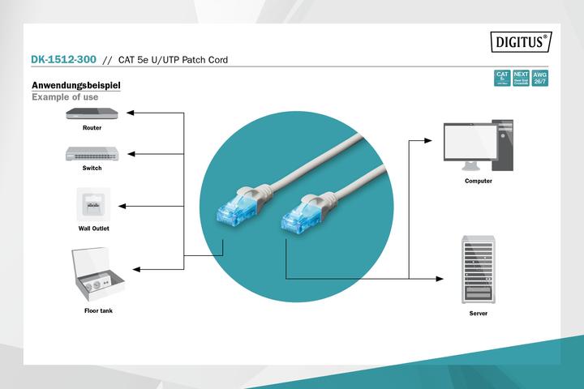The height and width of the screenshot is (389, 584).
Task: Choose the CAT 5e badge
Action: click(x=502, y=78)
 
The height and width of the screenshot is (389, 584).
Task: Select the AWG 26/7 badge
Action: click(x=540, y=78)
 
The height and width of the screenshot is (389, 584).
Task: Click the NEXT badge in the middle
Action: click(x=522, y=78)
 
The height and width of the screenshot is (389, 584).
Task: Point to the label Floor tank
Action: click(x=98, y=311)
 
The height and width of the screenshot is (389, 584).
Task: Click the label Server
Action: click(x=479, y=312)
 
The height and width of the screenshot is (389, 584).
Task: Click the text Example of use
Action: click(x=65, y=97)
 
